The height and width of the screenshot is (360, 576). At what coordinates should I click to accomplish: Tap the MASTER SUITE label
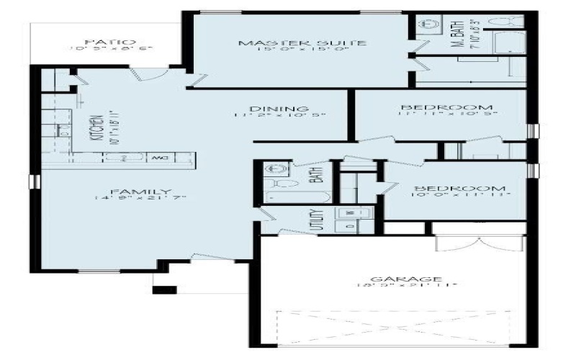[303, 43]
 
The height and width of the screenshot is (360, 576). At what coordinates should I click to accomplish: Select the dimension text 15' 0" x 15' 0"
[303, 51]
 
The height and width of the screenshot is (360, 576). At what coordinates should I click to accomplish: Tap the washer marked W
[351, 213]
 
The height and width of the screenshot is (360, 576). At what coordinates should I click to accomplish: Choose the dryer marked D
[351, 225]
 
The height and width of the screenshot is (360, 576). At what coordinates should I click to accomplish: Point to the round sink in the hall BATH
[274, 171]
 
